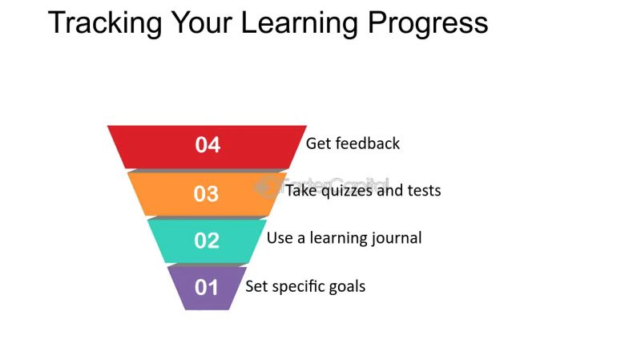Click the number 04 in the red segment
pyautogui.click(x=208, y=145)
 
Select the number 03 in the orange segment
pyautogui.click(x=207, y=194)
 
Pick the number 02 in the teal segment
pyautogui.click(x=207, y=240)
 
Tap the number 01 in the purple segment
pyautogui.click(x=207, y=287)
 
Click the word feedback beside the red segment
pyautogui.click(x=367, y=144)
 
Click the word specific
pyautogui.click(x=297, y=286)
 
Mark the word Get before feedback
pyautogui.click(x=317, y=144)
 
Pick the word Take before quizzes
pyautogui.click(x=301, y=191)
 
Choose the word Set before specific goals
pyautogui.click(x=256, y=286)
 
